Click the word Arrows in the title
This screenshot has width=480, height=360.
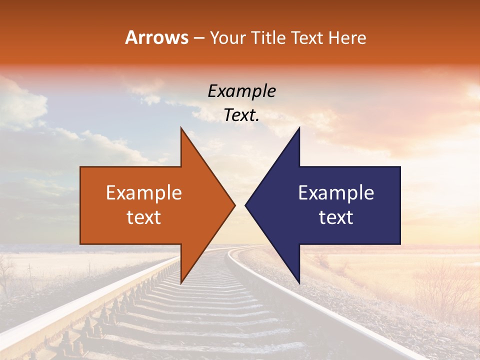(157, 37)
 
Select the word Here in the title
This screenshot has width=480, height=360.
(348, 38)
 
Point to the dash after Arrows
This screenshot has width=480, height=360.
(198, 38)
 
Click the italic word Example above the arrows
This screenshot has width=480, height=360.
(241, 91)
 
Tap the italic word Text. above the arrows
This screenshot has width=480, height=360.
(241, 115)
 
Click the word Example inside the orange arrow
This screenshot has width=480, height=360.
(143, 193)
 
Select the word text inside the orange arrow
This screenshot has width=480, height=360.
(143, 217)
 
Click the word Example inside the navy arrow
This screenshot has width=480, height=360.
(336, 193)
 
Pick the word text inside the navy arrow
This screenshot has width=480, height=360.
(336, 217)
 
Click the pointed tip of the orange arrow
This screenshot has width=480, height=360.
(235, 205)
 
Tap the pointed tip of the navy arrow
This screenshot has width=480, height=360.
(245, 205)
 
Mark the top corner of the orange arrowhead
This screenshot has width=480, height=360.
(181, 127)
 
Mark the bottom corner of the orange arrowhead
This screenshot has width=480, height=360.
(181, 283)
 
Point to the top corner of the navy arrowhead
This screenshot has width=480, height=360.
(299, 127)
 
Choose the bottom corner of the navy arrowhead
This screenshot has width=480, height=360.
(299, 283)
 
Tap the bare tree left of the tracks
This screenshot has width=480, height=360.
(7, 275)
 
